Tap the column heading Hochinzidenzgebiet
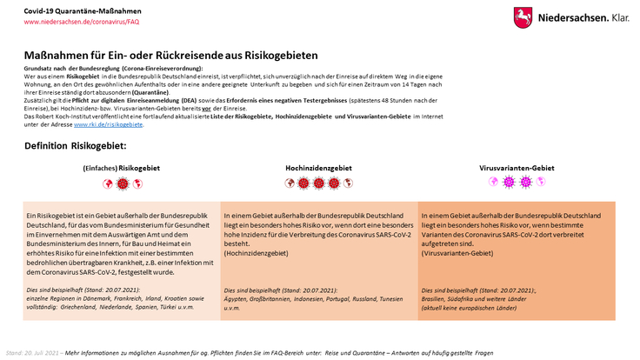pos(318,168)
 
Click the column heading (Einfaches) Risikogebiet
pos(121,168)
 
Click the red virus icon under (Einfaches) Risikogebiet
pos(122,183)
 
